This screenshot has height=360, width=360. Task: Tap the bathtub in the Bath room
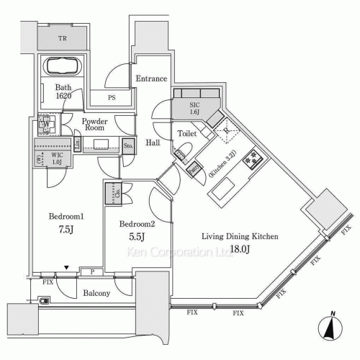[x=63, y=67]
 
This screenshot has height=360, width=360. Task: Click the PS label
[x=112, y=98]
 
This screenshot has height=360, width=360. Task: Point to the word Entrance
[x=151, y=79]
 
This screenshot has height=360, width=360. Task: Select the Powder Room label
[x=95, y=126]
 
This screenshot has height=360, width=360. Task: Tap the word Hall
[x=151, y=143]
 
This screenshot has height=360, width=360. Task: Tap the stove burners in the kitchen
[x=253, y=159]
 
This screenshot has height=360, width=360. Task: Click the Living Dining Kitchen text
[x=239, y=236]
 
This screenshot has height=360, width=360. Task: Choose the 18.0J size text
[x=239, y=249]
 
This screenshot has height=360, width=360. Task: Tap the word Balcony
[x=96, y=293]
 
